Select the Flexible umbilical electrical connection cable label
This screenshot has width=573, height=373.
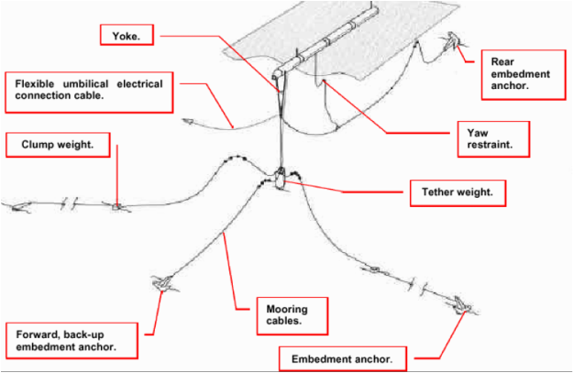pyautogui.click(x=89, y=90)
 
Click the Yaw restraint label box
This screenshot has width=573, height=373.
pyautogui.click(x=485, y=138)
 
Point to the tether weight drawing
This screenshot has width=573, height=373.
pyautogui.click(x=281, y=178)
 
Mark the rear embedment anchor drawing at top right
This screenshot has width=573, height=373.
pyautogui.click(x=452, y=41)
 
